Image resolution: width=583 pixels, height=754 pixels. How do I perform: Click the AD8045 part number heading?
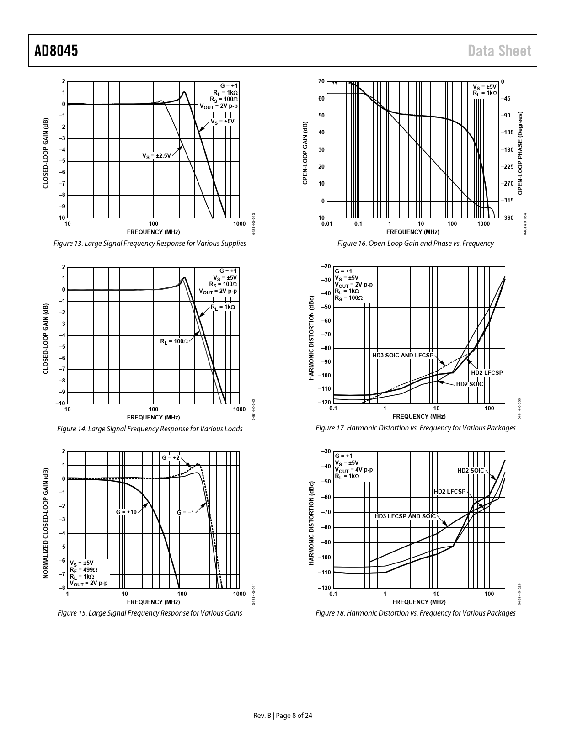click(x=56, y=51)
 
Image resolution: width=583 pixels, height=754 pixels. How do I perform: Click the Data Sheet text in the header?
click(x=500, y=51)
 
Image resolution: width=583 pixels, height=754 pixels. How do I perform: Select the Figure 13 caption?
click(x=150, y=244)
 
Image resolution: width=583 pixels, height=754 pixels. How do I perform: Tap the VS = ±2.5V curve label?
click(x=156, y=156)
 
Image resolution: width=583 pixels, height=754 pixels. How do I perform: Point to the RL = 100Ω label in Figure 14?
click(x=174, y=341)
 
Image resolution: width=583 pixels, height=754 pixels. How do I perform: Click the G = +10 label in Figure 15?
click(x=126, y=512)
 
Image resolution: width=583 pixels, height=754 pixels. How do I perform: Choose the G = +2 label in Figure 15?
click(x=171, y=457)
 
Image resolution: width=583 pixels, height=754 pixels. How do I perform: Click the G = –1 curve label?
click(x=186, y=512)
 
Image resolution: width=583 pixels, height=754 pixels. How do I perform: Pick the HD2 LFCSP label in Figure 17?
click(x=487, y=373)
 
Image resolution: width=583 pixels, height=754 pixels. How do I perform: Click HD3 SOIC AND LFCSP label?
click(x=402, y=355)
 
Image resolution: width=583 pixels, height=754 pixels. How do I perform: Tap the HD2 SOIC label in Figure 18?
click(x=471, y=470)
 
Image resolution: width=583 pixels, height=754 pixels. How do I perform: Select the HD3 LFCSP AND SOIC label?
click(x=405, y=516)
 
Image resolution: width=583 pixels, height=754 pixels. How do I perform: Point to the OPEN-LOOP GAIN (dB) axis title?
click(x=305, y=153)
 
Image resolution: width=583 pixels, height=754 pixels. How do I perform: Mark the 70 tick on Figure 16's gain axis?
click(x=321, y=82)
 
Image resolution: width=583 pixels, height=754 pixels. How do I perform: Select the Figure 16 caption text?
click(x=415, y=244)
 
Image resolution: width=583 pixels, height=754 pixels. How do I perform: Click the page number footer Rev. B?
click(x=283, y=716)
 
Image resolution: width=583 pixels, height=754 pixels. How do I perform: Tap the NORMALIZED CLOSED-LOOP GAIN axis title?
click(x=46, y=522)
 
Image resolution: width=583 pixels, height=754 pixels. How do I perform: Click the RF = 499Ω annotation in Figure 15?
click(x=84, y=570)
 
